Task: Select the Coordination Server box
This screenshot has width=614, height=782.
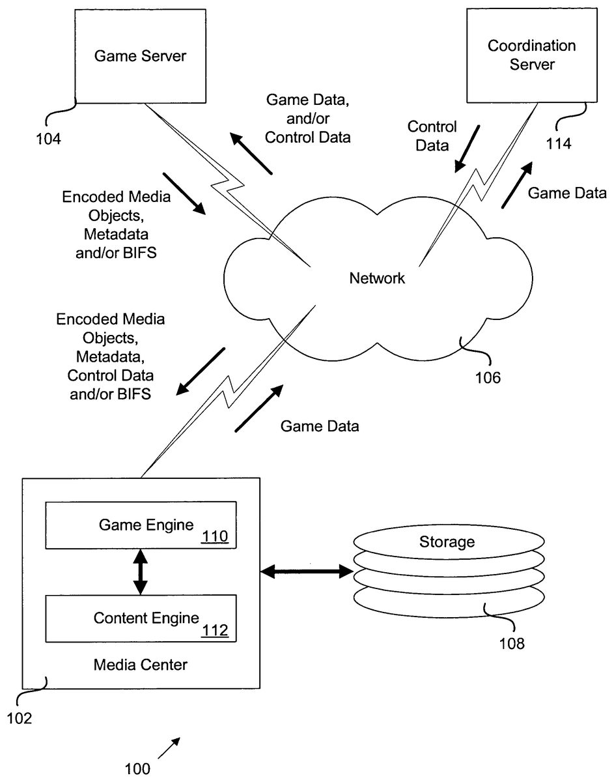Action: click(x=532, y=55)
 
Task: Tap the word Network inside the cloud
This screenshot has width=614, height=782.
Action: click(x=377, y=279)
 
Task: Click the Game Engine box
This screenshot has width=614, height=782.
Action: click(x=141, y=525)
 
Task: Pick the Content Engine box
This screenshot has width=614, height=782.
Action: click(x=141, y=618)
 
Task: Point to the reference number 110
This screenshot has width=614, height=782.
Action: click(x=214, y=538)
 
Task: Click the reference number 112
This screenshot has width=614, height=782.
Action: click(x=214, y=630)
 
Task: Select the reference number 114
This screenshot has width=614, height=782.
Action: click(x=558, y=144)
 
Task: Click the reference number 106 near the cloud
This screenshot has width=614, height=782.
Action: click(x=488, y=377)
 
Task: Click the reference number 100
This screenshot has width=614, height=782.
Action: click(x=137, y=769)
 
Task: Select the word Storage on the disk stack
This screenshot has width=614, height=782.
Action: click(x=447, y=542)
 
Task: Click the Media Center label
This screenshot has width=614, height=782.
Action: click(x=141, y=665)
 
